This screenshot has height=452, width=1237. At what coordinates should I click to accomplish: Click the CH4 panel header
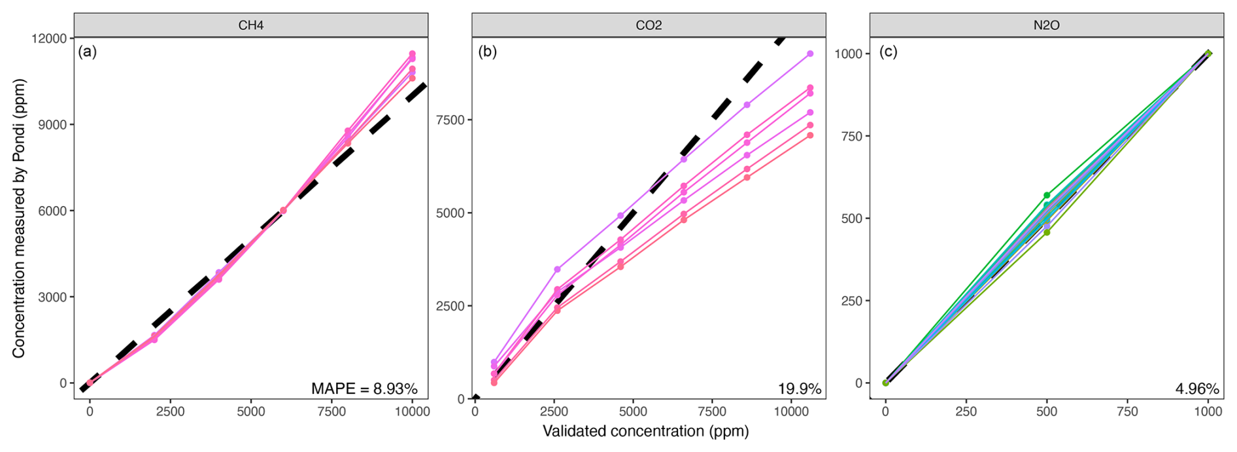(251, 26)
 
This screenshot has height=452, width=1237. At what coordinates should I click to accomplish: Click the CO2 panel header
(649, 26)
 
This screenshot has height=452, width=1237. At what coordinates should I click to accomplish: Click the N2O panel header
(1046, 26)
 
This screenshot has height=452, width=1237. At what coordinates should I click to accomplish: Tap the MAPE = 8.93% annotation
(364, 389)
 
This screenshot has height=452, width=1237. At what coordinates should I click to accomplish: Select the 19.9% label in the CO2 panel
(799, 389)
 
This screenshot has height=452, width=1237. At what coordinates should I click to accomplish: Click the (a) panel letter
(88, 52)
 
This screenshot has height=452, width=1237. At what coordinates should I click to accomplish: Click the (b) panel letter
(488, 52)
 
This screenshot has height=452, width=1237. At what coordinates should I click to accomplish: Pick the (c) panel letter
(888, 52)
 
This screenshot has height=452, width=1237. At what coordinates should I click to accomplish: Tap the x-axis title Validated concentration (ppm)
(646, 431)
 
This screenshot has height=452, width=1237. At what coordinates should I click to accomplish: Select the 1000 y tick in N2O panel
(847, 54)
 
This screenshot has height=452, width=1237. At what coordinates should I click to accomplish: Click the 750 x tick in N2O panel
(1127, 412)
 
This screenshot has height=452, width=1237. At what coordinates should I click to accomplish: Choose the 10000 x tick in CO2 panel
(791, 412)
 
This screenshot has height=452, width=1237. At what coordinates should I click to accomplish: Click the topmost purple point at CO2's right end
(810, 54)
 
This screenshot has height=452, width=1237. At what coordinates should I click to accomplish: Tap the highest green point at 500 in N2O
(1047, 195)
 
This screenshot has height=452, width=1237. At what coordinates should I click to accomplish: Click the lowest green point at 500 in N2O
(1047, 232)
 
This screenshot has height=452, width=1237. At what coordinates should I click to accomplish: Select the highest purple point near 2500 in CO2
(557, 269)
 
